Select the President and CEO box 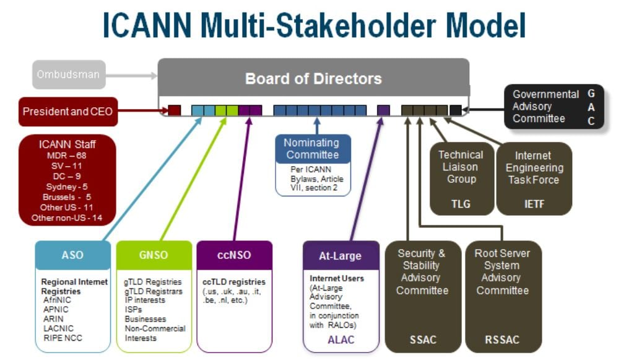click(x=68, y=112)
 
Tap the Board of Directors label click(x=313, y=79)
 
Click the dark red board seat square click(x=175, y=110)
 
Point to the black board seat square click(x=456, y=110)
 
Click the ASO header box click(x=72, y=255)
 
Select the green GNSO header click(x=152, y=255)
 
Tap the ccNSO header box click(x=234, y=255)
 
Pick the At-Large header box click(x=340, y=255)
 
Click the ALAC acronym click(x=340, y=340)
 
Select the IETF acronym click(x=533, y=203)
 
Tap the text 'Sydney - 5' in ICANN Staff click(x=66, y=186)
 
